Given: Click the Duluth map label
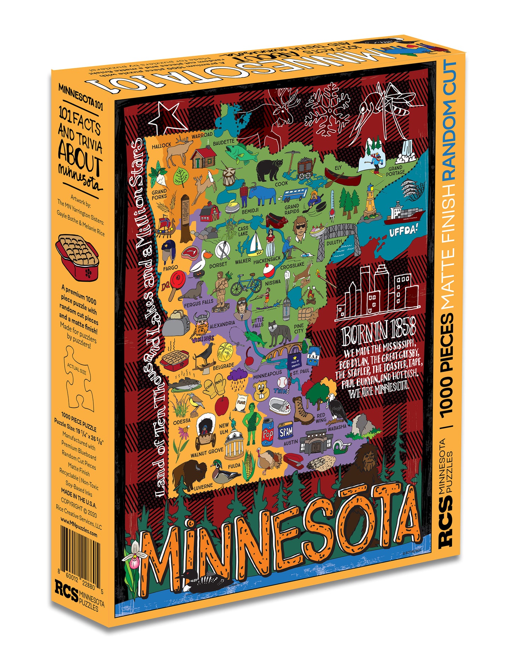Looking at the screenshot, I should click(x=334, y=242).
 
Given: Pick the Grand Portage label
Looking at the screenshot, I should click(x=395, y=171).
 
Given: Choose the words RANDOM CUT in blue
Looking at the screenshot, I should click(x=450, y=120).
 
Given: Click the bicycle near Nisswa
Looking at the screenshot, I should click(x=246, y=285).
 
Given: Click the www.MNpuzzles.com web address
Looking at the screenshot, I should click(x=79, y=527).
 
